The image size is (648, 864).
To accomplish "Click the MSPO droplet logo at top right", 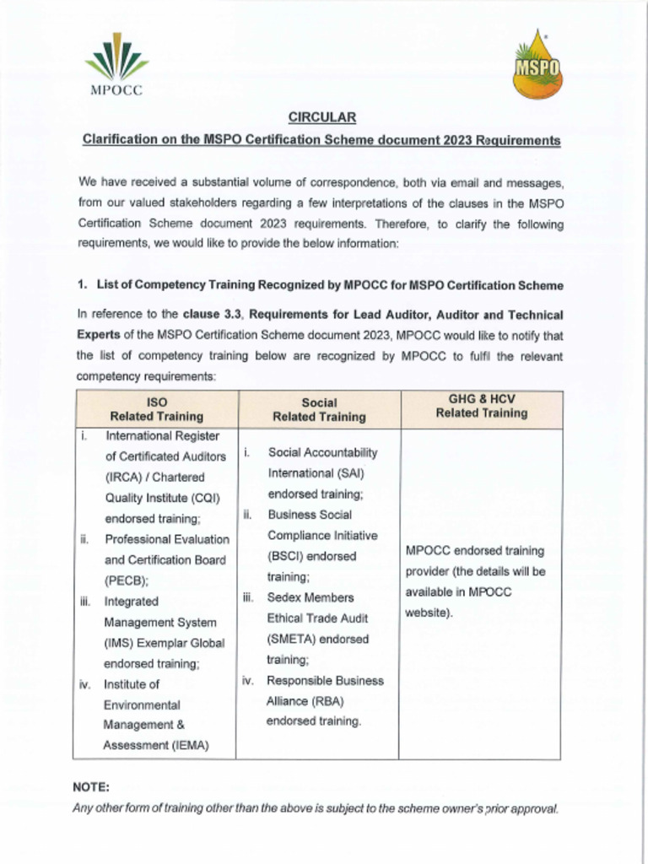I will [x=537, y=66].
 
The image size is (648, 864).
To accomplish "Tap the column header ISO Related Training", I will [x=156, y=409].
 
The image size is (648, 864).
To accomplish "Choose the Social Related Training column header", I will [x=319, y=409].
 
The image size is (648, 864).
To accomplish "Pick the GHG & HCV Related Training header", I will [x=481, y=406].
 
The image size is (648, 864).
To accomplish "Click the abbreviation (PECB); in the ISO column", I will [x=127, y=580].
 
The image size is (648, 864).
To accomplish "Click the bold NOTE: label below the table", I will [x=92, y=786].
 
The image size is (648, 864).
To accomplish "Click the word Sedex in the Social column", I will [x=285, y=597].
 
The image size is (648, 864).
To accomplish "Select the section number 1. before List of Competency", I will [x=83, y=284].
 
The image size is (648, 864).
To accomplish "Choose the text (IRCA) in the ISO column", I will [x=124, y=477].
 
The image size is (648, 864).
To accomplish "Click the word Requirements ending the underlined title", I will [x=516, y=140].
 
